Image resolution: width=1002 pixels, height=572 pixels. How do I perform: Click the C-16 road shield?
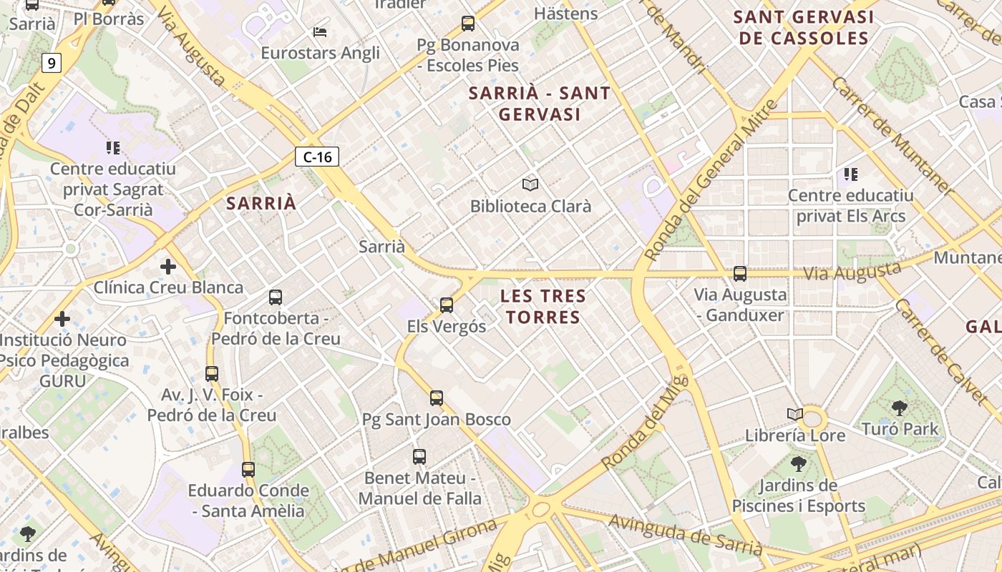317,157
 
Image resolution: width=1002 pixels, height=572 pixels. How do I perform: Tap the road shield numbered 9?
51,63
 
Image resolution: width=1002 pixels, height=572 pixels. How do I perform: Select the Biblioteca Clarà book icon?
530,184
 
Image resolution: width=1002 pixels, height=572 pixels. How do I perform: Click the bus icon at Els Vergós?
447,305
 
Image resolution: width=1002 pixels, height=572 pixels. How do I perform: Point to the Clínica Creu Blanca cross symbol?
168,267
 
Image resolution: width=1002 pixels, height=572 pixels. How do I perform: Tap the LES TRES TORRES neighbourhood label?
543,306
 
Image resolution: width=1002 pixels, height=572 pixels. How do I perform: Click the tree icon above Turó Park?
900,408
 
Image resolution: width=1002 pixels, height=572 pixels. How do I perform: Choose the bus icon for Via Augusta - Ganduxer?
740,273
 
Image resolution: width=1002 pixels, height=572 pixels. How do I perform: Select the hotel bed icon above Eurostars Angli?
320,32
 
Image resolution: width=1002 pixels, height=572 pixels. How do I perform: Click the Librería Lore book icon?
795,414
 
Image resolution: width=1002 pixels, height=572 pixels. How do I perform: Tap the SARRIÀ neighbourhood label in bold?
261,203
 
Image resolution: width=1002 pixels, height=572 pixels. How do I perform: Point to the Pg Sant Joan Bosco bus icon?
437,398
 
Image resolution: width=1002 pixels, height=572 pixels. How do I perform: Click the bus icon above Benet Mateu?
419,456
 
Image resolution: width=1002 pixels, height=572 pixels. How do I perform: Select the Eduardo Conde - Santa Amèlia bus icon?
248,470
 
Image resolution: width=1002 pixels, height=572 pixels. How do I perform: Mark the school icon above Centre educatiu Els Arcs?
850,174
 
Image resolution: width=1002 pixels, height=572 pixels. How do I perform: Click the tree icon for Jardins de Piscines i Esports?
798,464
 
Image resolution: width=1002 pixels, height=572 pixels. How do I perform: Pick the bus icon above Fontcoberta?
276,297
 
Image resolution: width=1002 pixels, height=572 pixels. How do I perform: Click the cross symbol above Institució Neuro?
62,318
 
